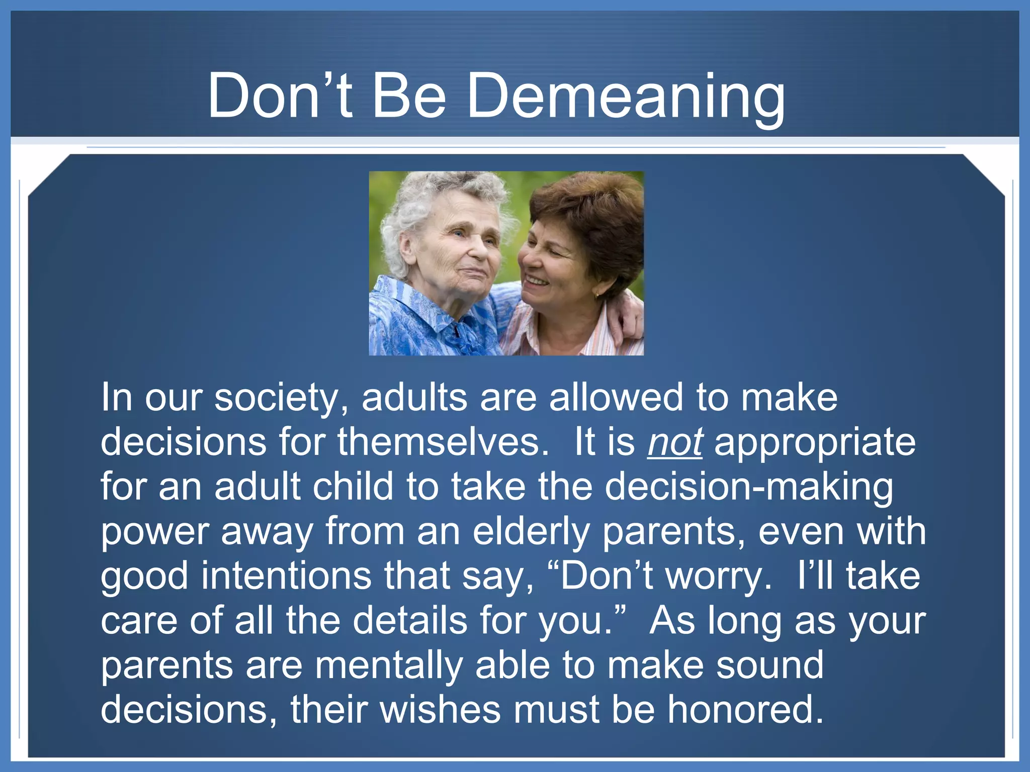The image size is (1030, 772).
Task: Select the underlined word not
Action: [674, 442]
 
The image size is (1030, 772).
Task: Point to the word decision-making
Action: [748, 487]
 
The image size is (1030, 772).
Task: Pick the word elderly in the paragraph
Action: [531, 531]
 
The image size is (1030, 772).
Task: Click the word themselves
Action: [443, 442]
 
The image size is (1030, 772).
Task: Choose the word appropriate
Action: [815, 442]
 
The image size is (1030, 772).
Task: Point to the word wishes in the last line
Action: [440, 709]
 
